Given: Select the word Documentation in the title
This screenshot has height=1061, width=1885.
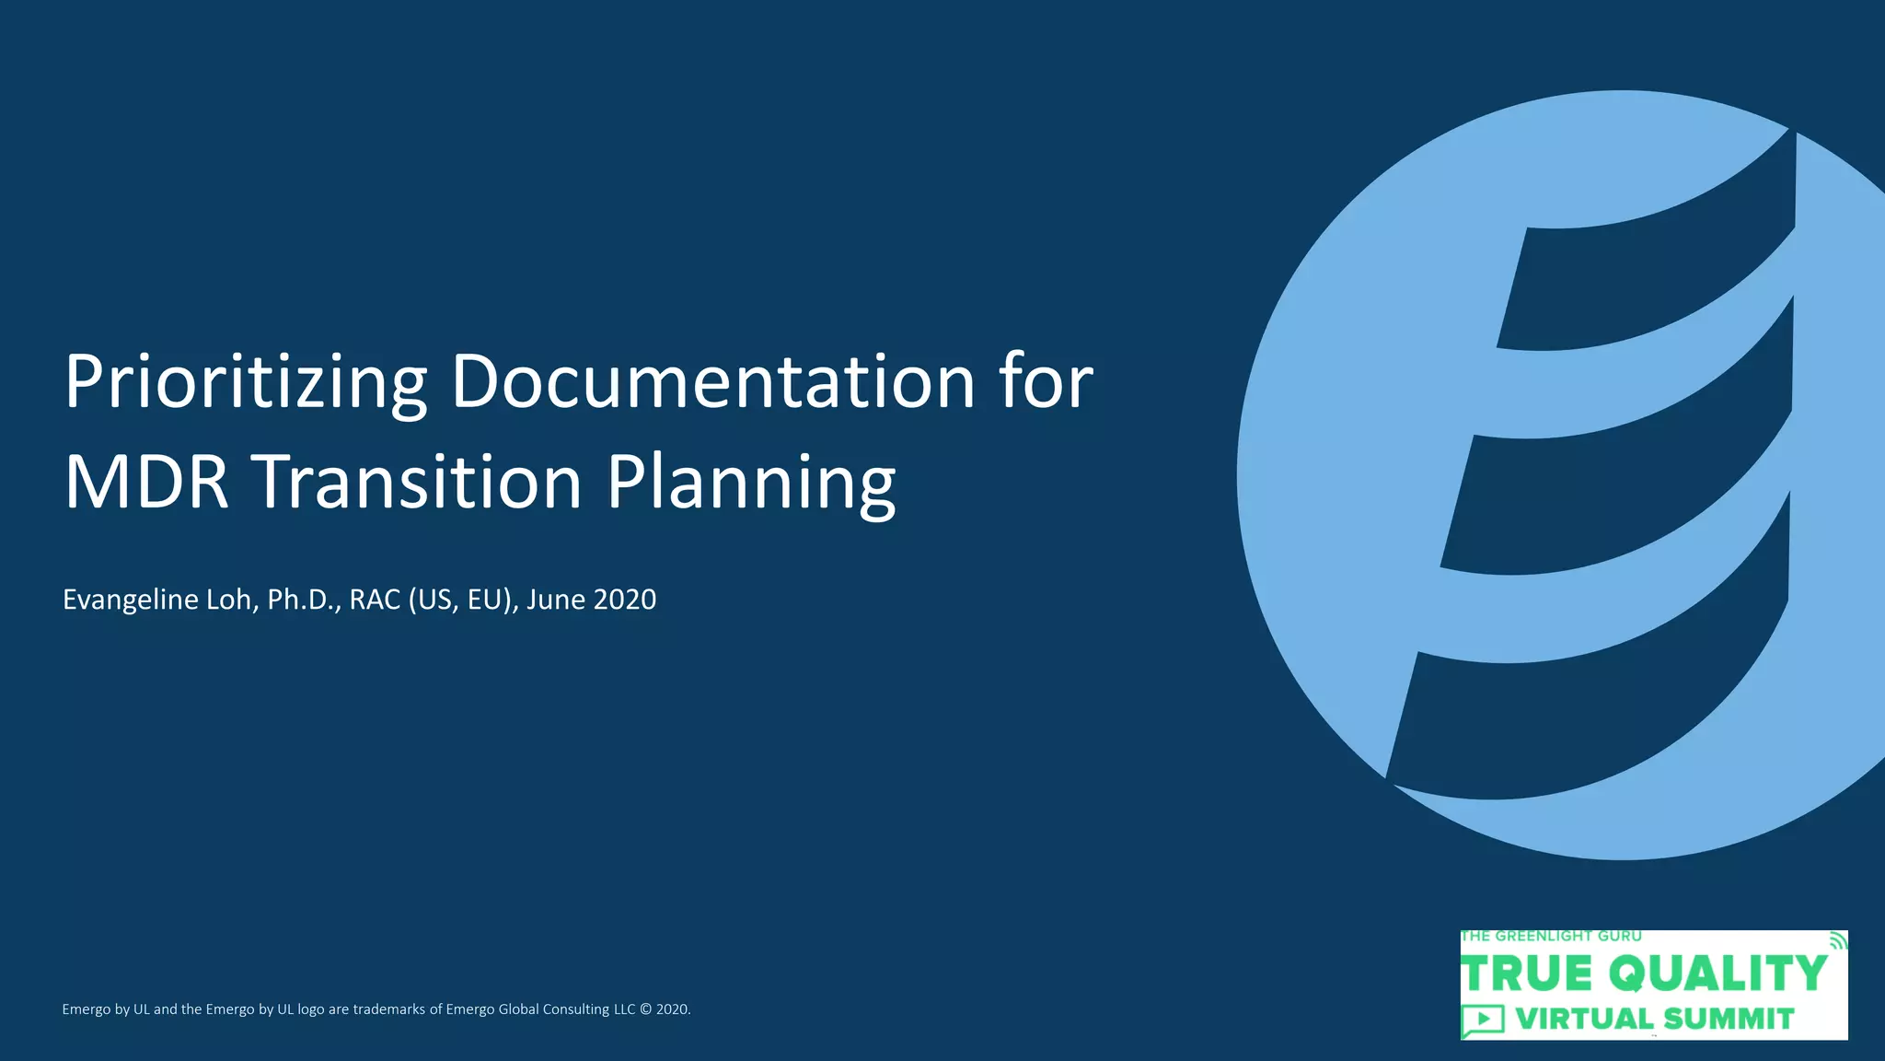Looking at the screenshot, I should click(x=712, y=382).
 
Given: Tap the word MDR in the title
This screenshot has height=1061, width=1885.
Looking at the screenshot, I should click(x=146, y=482).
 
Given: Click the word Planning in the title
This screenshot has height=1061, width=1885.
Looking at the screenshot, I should click(x=751, y=484).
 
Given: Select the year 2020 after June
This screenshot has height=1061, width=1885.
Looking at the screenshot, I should click(x=625, y=600).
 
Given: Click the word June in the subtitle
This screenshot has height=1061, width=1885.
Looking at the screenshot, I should click(x=556, y=600).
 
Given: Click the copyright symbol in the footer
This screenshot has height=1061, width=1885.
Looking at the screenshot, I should click(x=645, y=1009).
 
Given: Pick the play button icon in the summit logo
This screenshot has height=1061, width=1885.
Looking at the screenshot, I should click(x=1483, y=1020).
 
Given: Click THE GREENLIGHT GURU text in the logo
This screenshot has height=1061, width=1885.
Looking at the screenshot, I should click(x=1551, y=937).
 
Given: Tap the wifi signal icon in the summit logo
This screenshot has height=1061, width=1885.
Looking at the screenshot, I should click(x=1835, y=940).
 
